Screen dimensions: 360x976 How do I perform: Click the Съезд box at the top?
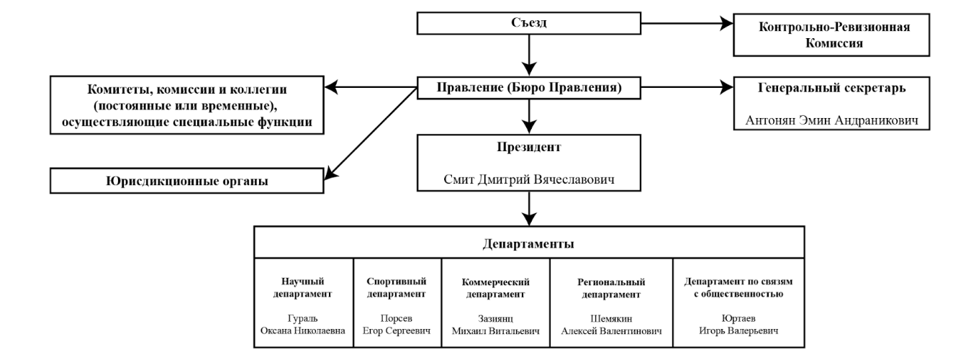click(x=529, y=24)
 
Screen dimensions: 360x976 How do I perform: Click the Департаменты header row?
click(x=529, y=243)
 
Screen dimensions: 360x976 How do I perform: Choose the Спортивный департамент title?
click(x=398, y=287)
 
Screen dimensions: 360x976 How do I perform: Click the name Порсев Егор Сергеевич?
click(x=398, y=323)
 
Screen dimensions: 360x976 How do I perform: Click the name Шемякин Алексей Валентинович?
click(x=613, y=323)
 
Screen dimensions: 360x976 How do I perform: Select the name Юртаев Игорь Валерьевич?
click(x=732, y=323)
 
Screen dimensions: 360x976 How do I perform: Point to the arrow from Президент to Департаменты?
click(x=529, y=208)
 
